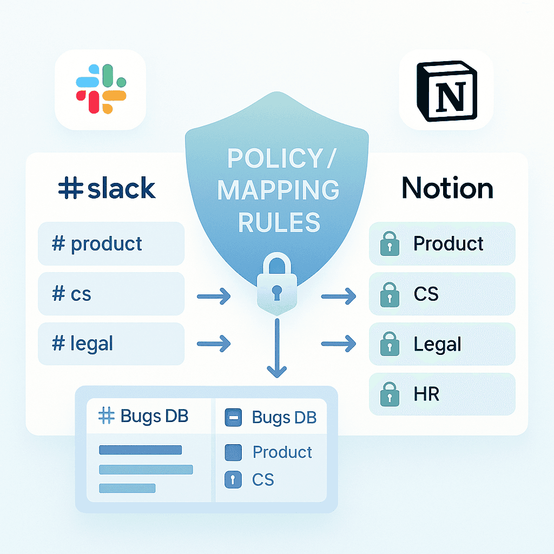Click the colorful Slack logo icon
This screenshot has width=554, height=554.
coord(101,89)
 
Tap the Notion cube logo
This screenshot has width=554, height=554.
coord(446,90)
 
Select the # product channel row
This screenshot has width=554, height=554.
coord(111,243)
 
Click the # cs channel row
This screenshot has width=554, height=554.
coord(111,294)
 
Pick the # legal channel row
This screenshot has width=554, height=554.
coord(111,344)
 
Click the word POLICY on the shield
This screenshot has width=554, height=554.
coord(265,159)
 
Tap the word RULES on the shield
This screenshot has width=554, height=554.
coord(279,221)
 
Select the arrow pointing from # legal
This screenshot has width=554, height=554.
coord(214,343)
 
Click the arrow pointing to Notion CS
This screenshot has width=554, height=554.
coord(339,296)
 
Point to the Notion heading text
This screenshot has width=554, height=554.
coord(447,188)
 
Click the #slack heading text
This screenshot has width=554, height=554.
coord(107,188)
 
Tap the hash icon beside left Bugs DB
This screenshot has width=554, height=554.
coord(107,416)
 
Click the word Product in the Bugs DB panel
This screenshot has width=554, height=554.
coord(282,452)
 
